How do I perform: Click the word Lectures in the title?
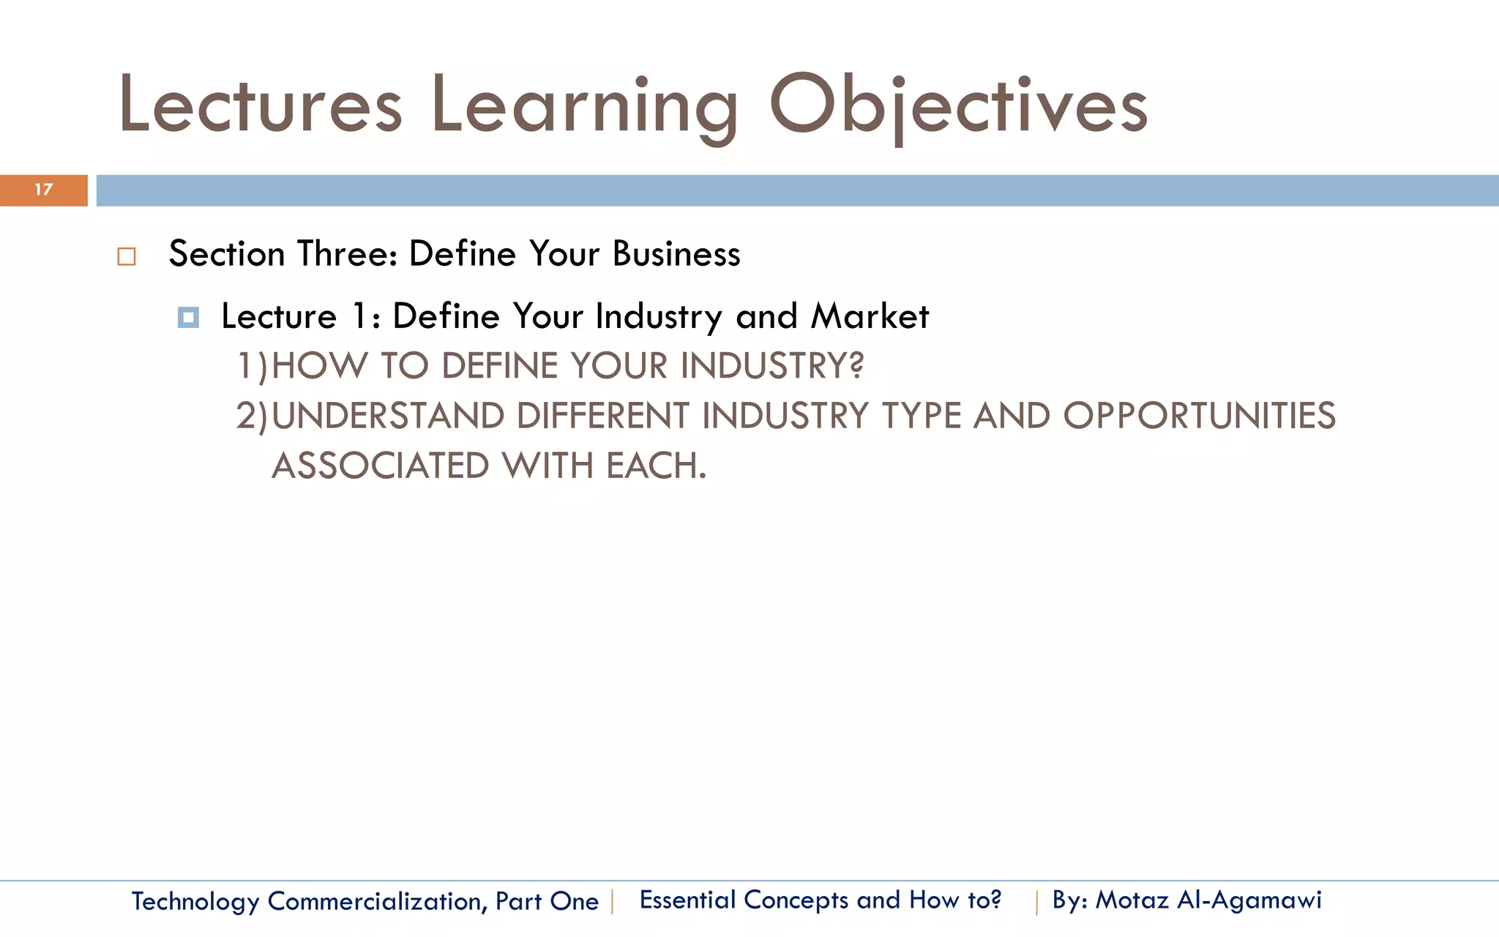260,105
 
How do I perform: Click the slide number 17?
44,190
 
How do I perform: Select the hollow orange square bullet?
127,257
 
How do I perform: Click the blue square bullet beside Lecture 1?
188,318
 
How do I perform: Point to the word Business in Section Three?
676,254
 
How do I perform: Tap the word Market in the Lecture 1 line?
870,316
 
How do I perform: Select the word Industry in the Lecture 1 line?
659,318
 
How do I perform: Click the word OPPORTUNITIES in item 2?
1199,416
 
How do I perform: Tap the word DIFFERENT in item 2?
602,416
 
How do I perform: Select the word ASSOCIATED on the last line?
380,466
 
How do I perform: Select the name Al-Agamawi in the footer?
1249,900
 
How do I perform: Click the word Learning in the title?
584,105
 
